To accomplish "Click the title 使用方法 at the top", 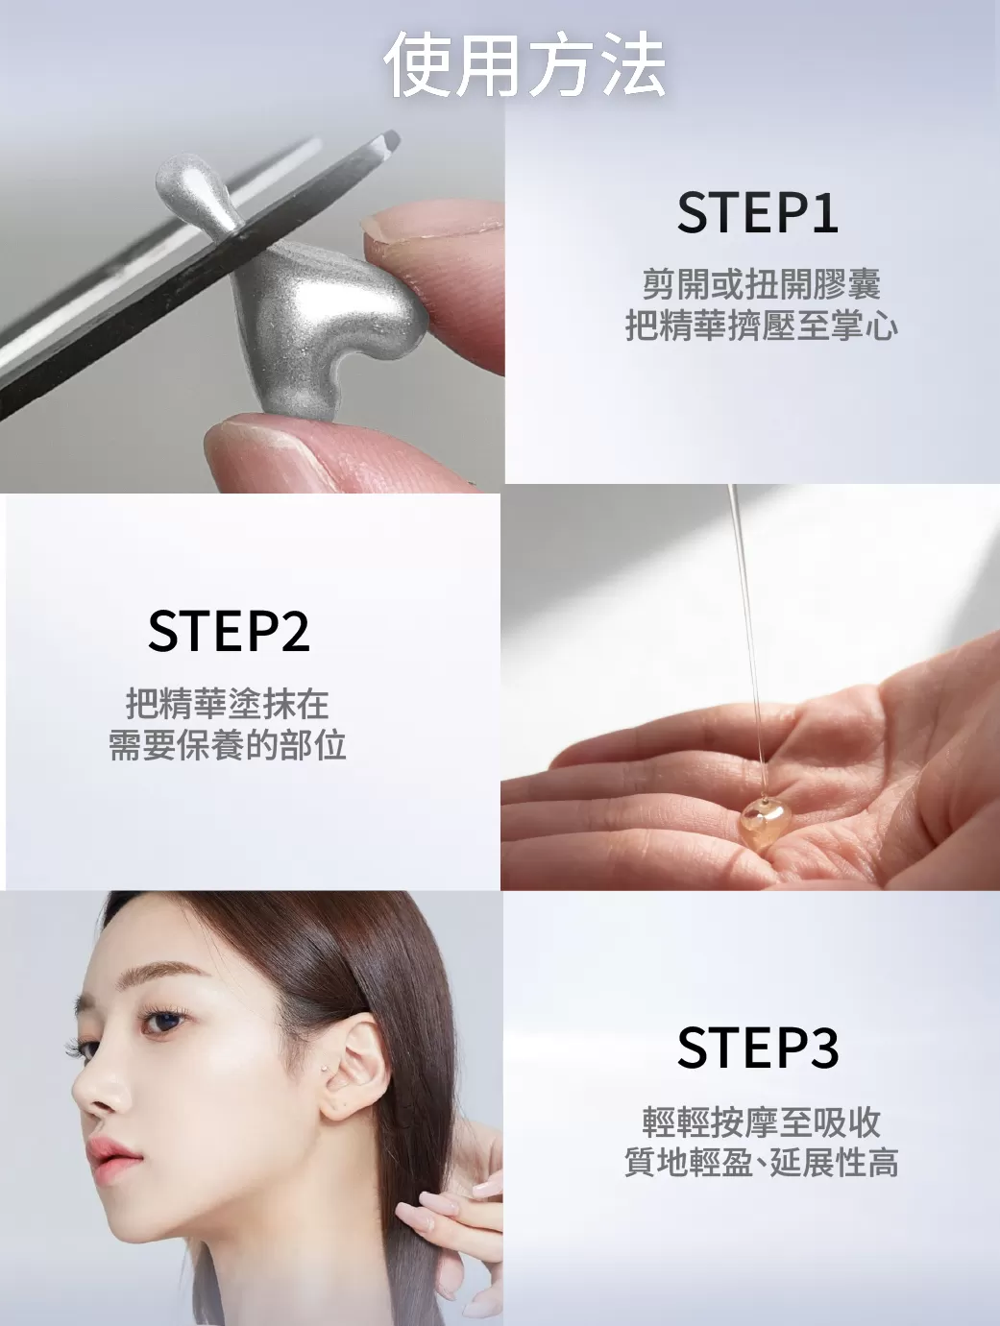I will click(524, 65).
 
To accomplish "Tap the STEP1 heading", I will click(757, 213).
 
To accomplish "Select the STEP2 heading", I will click(229, 631).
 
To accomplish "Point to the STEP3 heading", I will click(757, 1048).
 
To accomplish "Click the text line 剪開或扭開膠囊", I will click(761, 284).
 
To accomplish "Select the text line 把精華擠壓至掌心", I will click(761, 326).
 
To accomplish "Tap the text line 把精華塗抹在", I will click(228, 704).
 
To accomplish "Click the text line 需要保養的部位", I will click(228, 745).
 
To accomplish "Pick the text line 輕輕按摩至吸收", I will click(761, 1121).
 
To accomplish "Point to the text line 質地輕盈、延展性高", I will click(761, 1164).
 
